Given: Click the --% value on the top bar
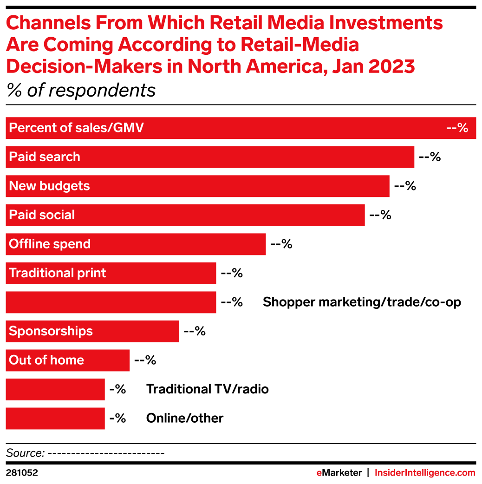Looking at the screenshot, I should point(457,128).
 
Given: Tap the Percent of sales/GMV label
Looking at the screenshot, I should point(76,128).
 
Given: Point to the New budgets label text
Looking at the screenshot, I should point(49,186).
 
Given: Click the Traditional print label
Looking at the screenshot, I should point(58,273).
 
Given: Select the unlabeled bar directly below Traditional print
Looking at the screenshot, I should point(111,302).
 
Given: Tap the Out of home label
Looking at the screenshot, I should point(46,360).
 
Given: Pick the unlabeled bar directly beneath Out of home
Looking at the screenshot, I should point(55,389).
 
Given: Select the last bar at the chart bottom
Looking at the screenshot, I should point(55,419).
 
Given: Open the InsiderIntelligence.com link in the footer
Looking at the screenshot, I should point(425,473).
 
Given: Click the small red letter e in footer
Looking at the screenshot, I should point(319,473).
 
